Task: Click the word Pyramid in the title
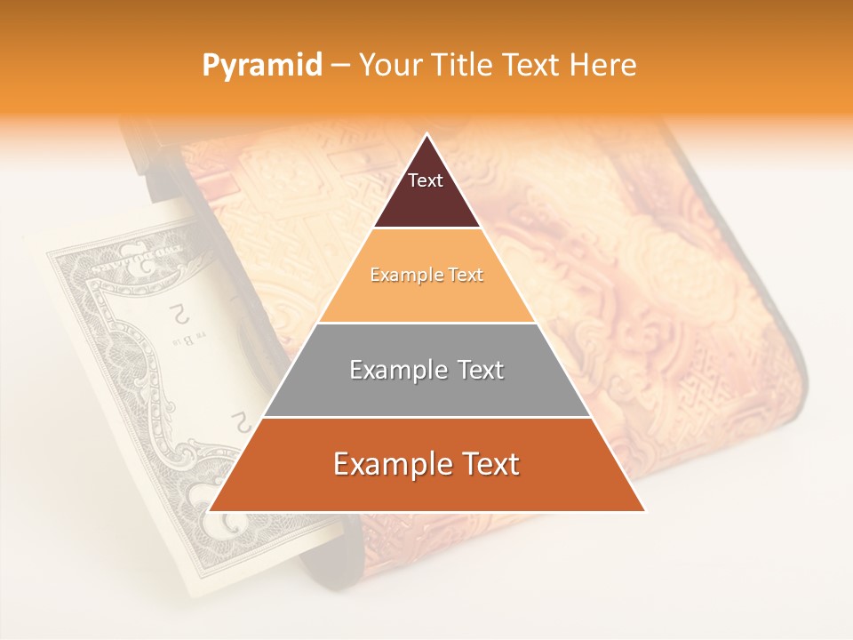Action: pos(261,65)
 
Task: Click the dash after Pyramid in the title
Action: pos(339,66)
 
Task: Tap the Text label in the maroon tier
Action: pos(426,180)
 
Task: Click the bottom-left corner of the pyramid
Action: pos(210,511)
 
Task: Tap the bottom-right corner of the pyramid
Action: pos(644,511)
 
